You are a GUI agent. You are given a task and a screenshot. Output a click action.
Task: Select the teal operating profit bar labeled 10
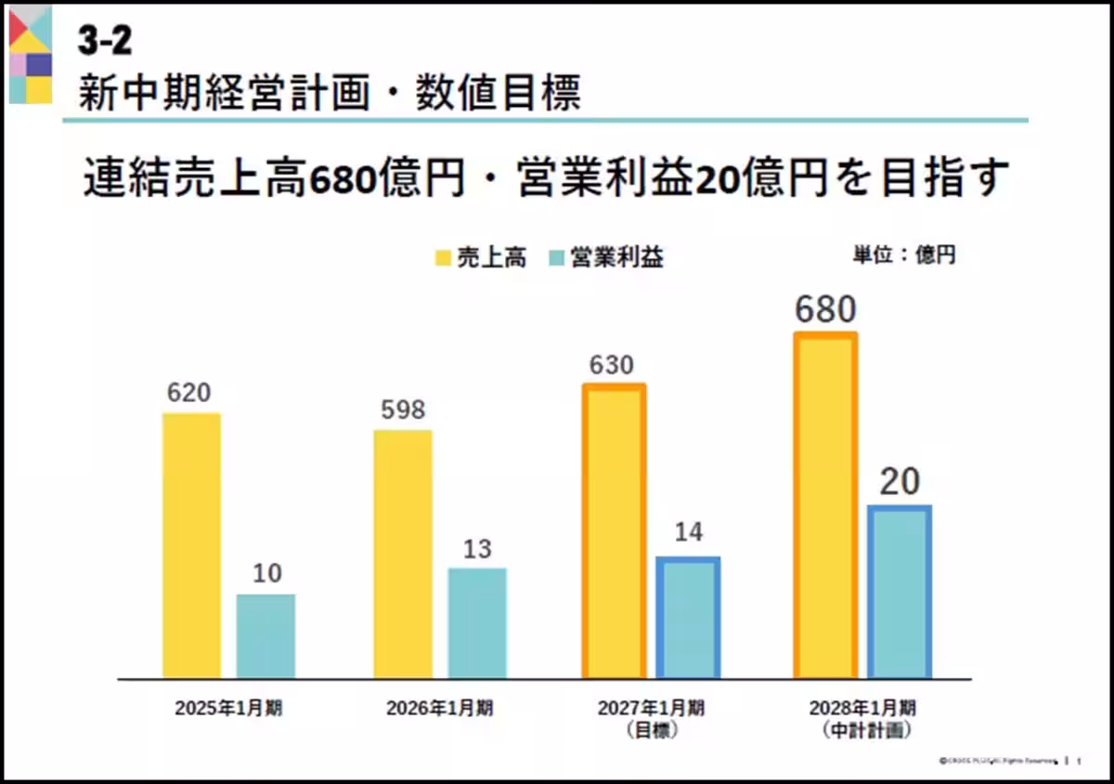point(266,636)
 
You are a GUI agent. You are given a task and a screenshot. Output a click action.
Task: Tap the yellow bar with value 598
point(403,555)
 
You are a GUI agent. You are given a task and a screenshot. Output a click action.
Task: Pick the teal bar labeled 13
point(477,623)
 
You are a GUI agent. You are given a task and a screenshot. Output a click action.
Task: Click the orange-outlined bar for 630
point(614,531)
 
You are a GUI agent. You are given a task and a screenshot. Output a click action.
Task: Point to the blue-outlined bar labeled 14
point(688,618)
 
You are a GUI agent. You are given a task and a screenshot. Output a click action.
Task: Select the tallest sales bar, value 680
point(825,505)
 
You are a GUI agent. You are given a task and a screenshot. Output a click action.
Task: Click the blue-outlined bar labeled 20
point(900,592)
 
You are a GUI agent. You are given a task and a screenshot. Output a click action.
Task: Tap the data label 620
point(189,393)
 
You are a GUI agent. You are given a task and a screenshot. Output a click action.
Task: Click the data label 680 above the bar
point(825,309)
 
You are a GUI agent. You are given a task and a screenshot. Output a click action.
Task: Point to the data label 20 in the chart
point(899,481)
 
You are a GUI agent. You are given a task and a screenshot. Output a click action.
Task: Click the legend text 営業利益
point(617,257)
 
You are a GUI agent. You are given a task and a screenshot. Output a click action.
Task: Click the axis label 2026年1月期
point(440,708)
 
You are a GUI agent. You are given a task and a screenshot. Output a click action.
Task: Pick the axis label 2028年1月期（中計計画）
point(862,719)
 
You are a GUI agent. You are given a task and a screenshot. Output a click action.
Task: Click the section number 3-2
point(105,42)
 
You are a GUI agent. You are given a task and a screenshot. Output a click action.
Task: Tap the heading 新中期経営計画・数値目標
point(330,93)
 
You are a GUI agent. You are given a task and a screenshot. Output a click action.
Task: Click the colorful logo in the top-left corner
point(31,54)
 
